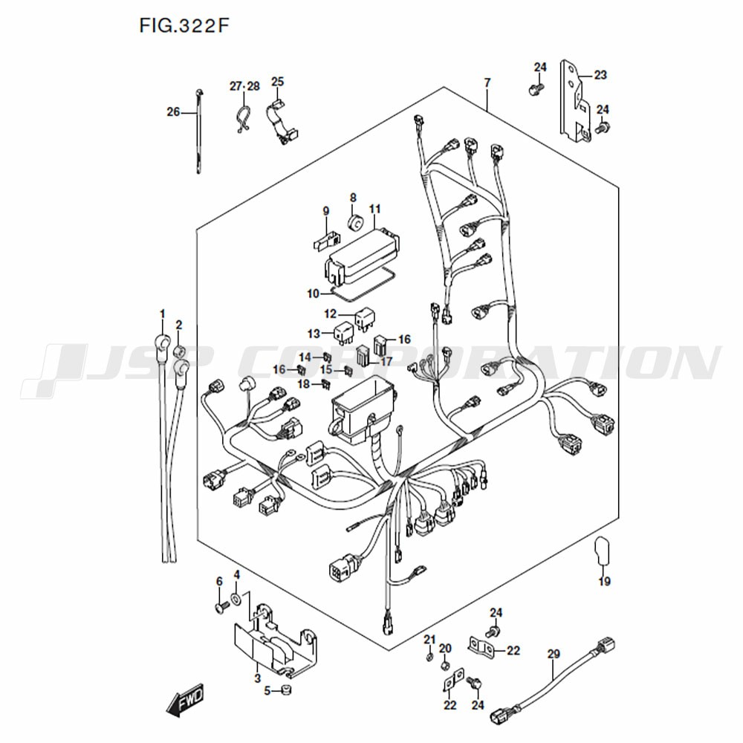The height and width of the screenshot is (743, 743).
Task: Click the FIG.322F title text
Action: [184, 25]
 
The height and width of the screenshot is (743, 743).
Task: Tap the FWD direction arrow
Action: [185, 700]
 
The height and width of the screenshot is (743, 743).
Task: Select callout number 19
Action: [604, 581]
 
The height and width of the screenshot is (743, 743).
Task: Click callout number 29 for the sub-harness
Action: [554, 654]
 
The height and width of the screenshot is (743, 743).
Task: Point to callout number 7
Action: [487, 83]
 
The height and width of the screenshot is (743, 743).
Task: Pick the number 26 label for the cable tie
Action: [173, 112]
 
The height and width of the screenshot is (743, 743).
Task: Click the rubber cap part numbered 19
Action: [602, 551]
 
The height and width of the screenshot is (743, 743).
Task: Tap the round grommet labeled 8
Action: [354, 221]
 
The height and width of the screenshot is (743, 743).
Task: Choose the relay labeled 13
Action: [343, 331]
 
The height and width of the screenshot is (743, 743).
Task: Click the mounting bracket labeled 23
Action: [574, 101]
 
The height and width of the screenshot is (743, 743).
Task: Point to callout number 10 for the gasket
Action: [314, 293]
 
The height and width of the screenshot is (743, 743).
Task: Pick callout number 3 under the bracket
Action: [257, 678]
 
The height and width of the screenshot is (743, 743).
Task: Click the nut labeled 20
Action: [445, 666]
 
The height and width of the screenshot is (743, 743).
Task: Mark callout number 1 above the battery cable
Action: [163, 314]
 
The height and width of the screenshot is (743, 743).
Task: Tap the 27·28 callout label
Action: [245, 86]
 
